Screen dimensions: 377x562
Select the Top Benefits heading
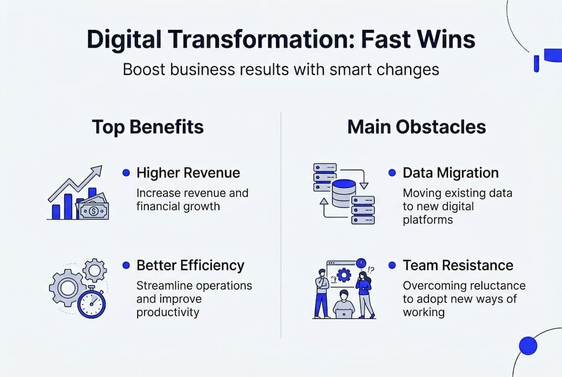[148, 127]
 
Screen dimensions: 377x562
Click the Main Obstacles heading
[416, 127]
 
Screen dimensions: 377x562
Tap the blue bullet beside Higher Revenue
[126, 173]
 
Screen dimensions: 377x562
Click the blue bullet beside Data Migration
[392, 173]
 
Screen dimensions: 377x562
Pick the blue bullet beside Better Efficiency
[126, 265]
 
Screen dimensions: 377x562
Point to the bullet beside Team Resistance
[392, 265]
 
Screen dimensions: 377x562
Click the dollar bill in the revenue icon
[93, 210]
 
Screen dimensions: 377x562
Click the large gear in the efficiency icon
[68, 287]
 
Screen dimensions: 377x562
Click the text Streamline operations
[194, 286]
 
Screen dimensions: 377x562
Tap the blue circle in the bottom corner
[528, 345]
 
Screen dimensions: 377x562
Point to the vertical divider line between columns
[281, 225]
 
